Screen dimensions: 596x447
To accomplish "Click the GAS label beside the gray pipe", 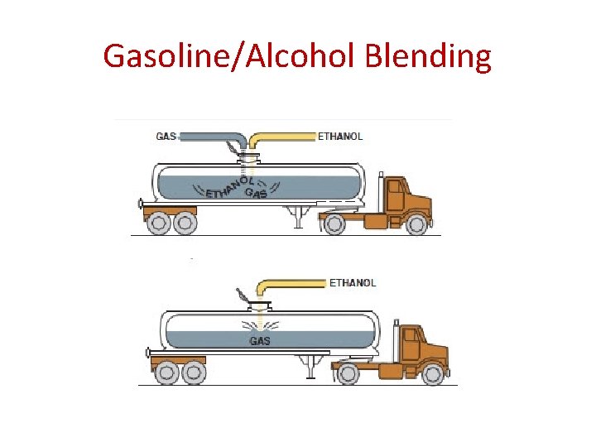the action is pos(166,136).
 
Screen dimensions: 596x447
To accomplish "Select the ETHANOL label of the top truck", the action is pos(339,136).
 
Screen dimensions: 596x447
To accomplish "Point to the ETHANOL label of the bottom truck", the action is pos(353,282).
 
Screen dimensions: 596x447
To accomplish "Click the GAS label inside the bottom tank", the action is pos(259,340).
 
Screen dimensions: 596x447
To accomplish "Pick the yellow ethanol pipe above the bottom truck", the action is pos(294,283).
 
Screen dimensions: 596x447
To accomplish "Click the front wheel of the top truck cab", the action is pos(416,223).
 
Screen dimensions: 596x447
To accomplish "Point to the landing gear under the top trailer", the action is pos(296,217).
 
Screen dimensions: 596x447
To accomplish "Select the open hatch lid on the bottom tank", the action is pos(241,296).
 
